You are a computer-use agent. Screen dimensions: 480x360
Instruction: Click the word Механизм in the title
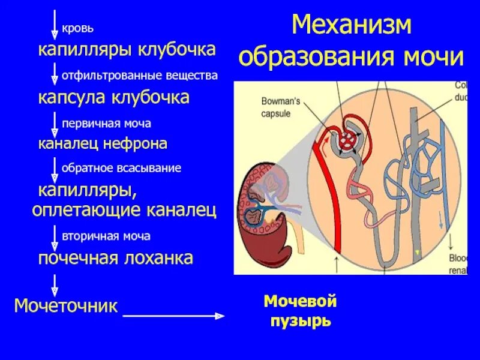click(x=352, y=26)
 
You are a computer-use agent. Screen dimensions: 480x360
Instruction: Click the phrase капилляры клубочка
click(x=127, y=49)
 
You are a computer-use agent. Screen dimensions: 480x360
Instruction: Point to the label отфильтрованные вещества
click(x=139, y=76)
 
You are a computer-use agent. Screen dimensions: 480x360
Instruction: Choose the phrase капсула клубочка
click(x=114, y=97)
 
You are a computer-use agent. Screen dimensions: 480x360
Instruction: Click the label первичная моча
click(x=106, y=124)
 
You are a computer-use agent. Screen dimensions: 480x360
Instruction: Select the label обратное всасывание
click(x=121, y=168)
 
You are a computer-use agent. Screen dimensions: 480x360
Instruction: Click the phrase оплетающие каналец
click(x=124, y=210)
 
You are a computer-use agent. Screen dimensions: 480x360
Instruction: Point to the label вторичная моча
click(x=106, y=236)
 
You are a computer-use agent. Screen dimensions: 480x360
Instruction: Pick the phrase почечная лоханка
click(x=116, y=259)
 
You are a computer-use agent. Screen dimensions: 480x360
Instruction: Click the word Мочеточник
click(x=65, y=305)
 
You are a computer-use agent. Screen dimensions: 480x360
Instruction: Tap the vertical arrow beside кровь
click(x=55, y=24)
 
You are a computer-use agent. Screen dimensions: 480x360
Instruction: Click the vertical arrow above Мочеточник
click(x=55, y=285)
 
